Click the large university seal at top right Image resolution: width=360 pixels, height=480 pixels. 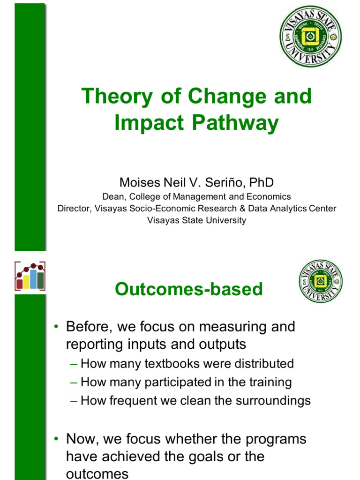pyautogui.click(x=310, y=36)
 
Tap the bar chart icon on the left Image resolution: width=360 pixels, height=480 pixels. pyautogui.click(x=30, y=276)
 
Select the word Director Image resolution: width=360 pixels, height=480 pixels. pyautogui.click(x=74, y=209)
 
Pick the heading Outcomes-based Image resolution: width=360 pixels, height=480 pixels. pyautogui.click(x=189, y=289)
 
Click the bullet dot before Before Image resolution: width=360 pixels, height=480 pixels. pyautogui.click(x=56, y=327)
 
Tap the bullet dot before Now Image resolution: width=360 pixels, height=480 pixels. pyautogui.click(x=56, y=439)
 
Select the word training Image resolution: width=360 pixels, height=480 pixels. pyautogui.click(x=269, y=382)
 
